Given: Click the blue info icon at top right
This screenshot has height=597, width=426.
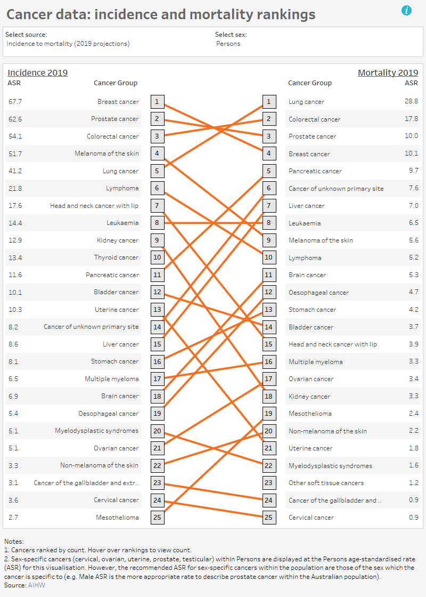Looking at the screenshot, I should click(407, 10).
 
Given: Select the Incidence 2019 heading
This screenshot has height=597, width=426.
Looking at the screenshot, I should click(37, 73).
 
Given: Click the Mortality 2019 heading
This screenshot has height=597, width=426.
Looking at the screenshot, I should click(388, 73).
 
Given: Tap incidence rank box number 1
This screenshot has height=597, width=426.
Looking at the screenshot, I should click(157, 101).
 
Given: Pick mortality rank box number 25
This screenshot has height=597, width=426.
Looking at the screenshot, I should click(269, 517).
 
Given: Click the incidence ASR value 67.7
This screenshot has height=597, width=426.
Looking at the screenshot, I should click(15, 101).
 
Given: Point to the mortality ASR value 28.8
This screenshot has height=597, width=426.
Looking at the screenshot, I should click(411, 101).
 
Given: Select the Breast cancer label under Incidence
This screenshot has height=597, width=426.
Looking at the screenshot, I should click(118, 101).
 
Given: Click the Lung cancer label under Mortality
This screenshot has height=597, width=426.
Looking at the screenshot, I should click(306, 101).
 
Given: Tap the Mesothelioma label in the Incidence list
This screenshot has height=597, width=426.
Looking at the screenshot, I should click(117, 517).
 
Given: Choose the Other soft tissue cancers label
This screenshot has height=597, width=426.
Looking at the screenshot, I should click(326, 482).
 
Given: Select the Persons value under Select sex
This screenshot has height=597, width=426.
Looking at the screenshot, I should click(228, 44).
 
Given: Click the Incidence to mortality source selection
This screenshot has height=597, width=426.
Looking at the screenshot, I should click(68, 44).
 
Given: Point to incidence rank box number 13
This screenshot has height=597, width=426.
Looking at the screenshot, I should click(157, 309).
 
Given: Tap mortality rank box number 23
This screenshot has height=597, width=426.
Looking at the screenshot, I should click(269, 482).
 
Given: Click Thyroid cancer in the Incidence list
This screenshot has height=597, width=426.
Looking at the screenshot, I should click(116, 257).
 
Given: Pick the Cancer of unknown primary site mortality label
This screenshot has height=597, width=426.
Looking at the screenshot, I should click(336, 188).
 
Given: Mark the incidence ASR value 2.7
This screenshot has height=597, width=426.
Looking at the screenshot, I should click(14, 517).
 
